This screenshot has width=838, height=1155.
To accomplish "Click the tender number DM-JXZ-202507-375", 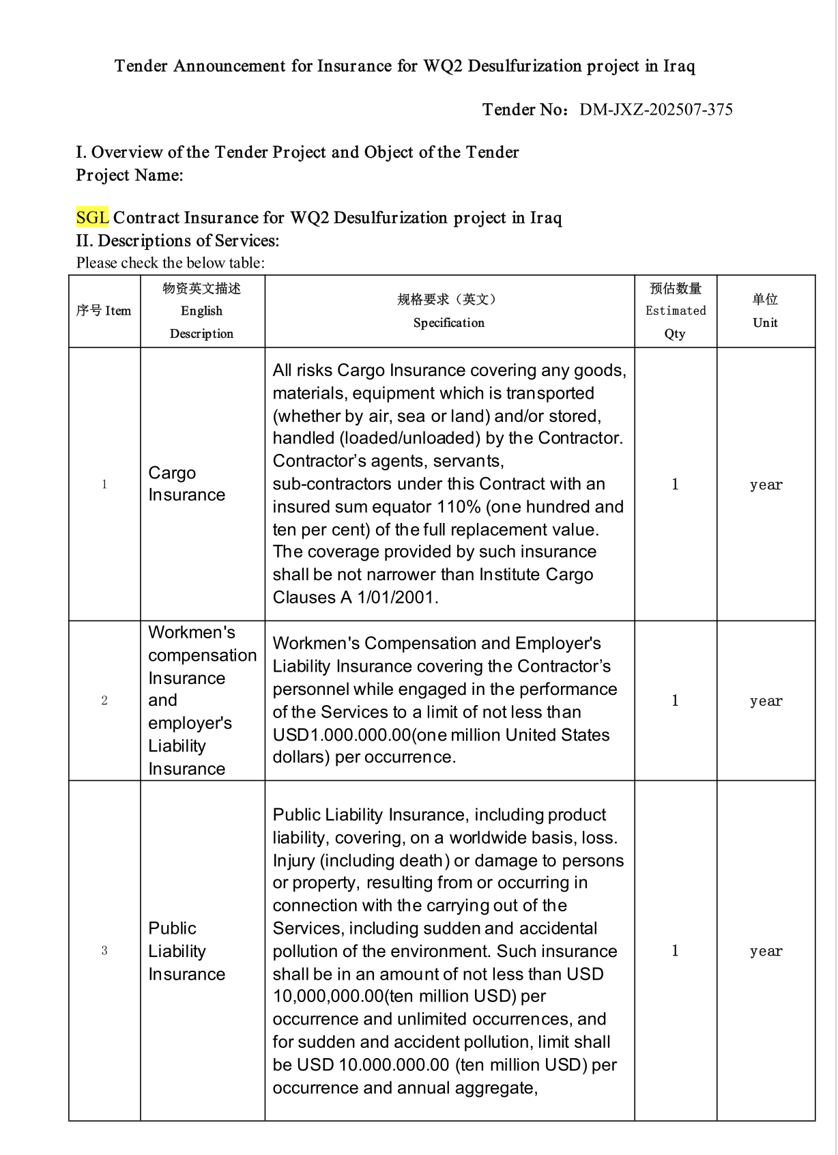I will click(x=656, y=110).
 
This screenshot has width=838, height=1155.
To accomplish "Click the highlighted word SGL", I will click(x=92, y=218).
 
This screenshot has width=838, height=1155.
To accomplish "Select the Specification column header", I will click(x=449, y=311).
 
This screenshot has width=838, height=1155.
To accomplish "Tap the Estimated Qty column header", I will click(x=675, y=311).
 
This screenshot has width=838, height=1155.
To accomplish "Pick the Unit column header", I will click(x=765, y=311).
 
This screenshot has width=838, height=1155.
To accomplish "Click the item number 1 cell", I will click(x=104, y=485).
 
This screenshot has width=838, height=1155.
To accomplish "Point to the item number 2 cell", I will click(x=104, y=700).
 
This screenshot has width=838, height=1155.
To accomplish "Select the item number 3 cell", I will click(x=104, y=951).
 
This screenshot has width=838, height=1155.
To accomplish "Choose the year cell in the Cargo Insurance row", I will click(x=766, y=485).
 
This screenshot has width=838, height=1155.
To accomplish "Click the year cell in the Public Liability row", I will click(x=766, y=952).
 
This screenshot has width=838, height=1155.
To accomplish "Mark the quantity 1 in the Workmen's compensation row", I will click(x=675, y=700).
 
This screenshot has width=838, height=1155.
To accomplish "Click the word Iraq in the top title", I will click(x=679, y=66).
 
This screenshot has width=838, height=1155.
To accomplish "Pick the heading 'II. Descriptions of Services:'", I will click(x=177, y=241).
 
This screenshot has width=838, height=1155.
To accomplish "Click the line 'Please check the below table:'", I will click(x=170, y=263).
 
